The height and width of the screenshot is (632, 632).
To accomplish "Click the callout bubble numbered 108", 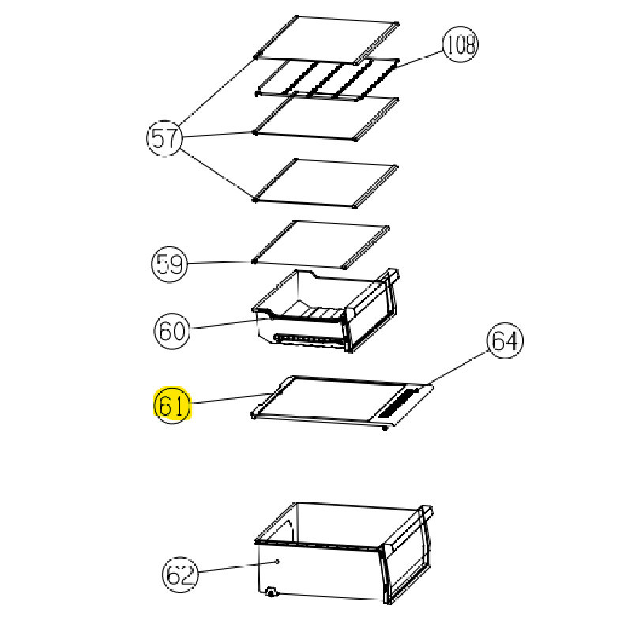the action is coord(461,44).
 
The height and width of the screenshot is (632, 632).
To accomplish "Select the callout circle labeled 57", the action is coord(164,138).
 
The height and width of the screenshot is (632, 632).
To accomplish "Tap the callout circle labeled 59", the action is coord(169,264).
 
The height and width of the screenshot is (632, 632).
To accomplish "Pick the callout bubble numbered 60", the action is coord(172,331).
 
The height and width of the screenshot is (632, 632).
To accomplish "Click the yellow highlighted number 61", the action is coord(172,405).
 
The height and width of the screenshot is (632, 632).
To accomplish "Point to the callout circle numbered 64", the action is coord(506,340).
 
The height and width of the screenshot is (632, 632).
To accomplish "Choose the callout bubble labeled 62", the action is coord(180,574).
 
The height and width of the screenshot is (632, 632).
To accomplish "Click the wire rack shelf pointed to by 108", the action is coord(327,78).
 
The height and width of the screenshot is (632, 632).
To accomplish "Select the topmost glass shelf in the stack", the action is coord(326,39).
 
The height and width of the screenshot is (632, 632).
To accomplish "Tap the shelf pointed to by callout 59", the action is coord(321,244).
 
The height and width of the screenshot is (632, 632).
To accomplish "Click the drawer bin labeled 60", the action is coord(325,310).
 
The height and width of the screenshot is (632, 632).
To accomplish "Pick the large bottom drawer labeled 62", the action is coord(344,552).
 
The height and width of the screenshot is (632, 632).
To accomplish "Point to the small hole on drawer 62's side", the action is coord(277,562).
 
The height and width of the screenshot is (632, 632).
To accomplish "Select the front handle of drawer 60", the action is coord(373,310).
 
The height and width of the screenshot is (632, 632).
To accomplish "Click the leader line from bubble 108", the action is coord(419,59).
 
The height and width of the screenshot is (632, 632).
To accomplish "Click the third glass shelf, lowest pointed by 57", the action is coord(325,182).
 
